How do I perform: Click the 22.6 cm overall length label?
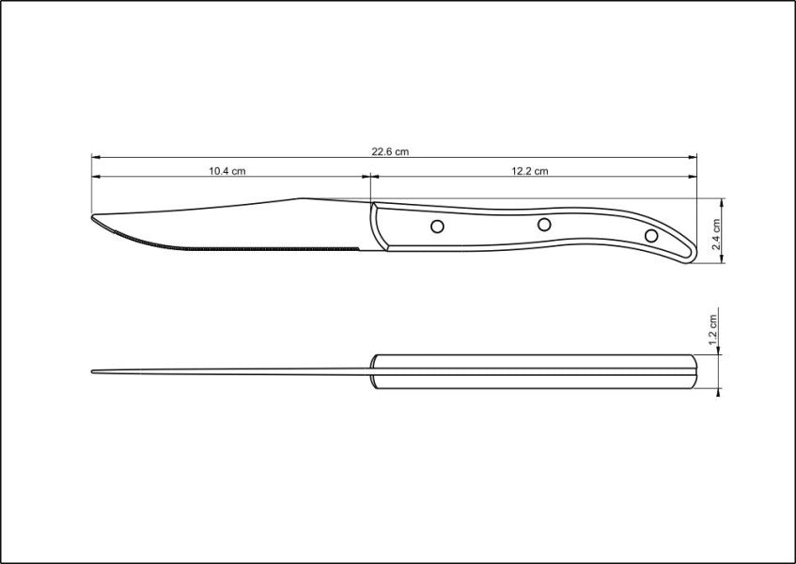click(391, 151)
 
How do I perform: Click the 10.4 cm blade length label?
click(226, 171)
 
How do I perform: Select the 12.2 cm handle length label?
click(530, 171)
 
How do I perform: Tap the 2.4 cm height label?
click(716, 232)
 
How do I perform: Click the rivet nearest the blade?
click(437, 226)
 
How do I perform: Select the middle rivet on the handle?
click(543, 225)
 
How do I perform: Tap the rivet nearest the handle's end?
click(651, 234)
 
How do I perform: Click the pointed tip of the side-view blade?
click(94, 219)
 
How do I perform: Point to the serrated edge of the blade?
click(235, 246)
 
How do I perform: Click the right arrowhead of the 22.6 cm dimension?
click(694, 157)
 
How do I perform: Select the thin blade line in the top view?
click(235, 371)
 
